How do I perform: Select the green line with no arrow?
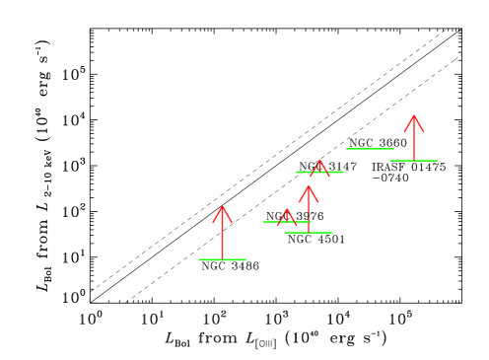pyautogui.click(x=370, y=149)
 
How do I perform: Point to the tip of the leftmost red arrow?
pyautogui.click(x=223, y=207)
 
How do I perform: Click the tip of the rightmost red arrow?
pyautogui.click(x=414, y=115)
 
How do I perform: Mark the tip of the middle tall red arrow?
pyautogui.click(x=309, y=185)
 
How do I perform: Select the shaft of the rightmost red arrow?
pyautogui.click(x=414, y=140)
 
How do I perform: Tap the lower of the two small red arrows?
pyautogui.click(x=286, y=216)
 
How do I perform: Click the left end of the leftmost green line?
pyautogui.click(x=199, y=259)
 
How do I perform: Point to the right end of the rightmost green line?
pyautogui.click(x=437, y=161)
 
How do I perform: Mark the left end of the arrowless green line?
pyautogui.click(x=347, y=149)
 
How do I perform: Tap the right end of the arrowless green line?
pyautogui.click(x=393, y=149)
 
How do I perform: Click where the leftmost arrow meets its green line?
pyautogui.click(x=223, y=259)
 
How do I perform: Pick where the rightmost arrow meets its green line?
pyautogui.click(x=414, y=161)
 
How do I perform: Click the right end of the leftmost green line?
pyautogui.click(x=245, y=259)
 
